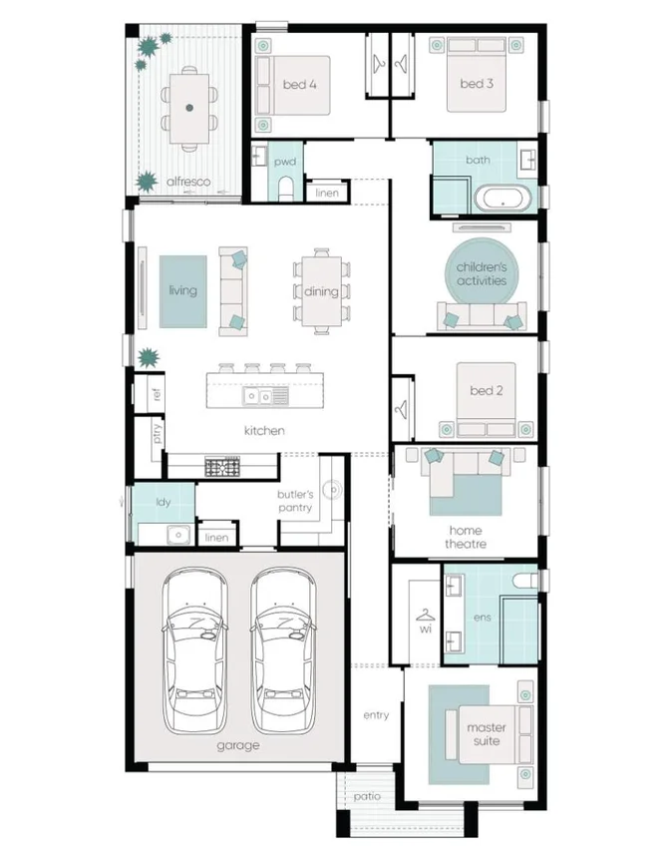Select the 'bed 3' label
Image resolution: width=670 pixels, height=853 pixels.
click(477, 84)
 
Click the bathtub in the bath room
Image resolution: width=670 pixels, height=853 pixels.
click(503, 198)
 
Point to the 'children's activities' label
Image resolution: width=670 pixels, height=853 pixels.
click(482, 273)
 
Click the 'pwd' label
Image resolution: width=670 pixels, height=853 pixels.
click(285, 161)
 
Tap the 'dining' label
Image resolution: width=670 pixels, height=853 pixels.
click(321, 291)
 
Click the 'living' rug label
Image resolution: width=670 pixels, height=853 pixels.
click(182, 290)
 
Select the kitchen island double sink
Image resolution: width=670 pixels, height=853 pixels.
click(265, 397)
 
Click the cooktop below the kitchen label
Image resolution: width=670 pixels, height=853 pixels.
click(223, 466)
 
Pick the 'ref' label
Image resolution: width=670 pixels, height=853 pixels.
click(157, 395)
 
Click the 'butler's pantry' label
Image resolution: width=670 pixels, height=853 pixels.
click(295, 501)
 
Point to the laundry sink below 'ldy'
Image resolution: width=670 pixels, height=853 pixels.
click(178, 533)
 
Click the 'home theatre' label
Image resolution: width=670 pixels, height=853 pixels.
click(466, 538)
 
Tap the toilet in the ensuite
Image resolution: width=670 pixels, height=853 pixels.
click(521, 579)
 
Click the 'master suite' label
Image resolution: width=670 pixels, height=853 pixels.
click(487, 734)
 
